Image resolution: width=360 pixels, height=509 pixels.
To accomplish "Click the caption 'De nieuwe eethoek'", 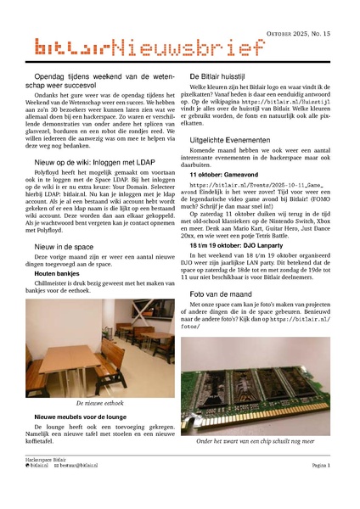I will click(x=100, y=402).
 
